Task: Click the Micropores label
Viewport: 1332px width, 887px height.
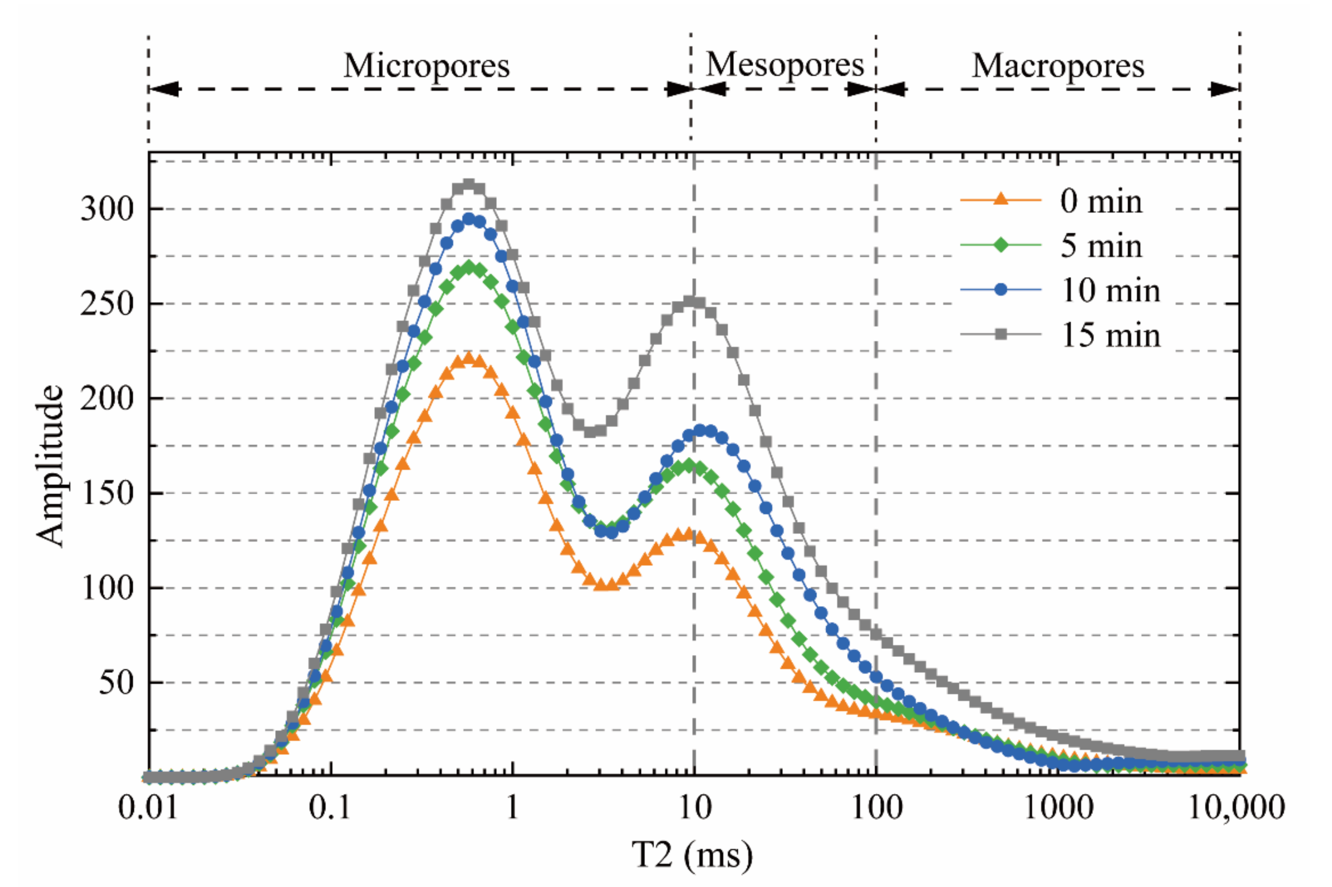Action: (427, 66)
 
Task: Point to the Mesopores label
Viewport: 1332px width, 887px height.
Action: (785, 65)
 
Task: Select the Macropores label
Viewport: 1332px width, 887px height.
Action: (1058, 66)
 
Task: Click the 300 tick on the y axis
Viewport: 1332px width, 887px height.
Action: (107, 209)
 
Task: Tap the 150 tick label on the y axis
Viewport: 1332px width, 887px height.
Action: (107, 493)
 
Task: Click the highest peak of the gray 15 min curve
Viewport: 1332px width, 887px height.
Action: (468, 185)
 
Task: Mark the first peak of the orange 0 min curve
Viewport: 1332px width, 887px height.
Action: (468, 358)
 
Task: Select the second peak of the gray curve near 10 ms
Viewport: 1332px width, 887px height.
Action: (689, 301)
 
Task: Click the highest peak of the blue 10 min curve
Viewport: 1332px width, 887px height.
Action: (468, 219)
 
